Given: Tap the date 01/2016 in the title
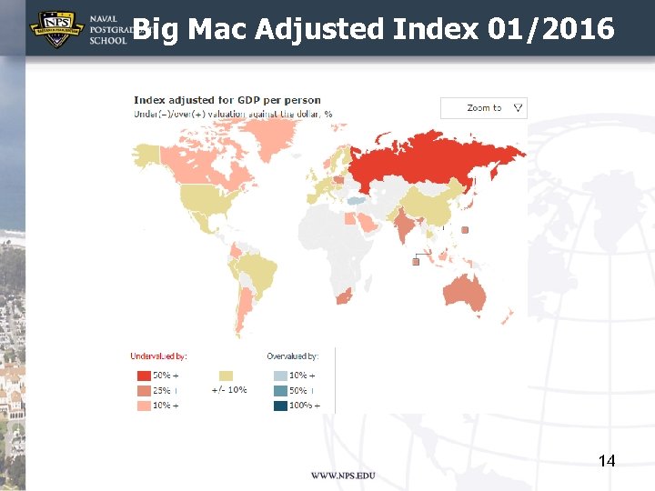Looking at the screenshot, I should tap(550, 29).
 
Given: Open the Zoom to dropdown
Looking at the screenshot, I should tap(484, 107).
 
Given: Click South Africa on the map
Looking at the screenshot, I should tap(344, 296).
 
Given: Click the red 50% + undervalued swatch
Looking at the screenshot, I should tap(144, 376).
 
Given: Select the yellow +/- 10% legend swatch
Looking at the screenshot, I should tap(226, 376).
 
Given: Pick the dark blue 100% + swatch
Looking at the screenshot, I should tap(280, 406).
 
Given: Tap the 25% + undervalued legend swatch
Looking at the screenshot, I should tap(144, 390).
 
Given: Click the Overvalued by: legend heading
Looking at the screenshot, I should tap(292, 356).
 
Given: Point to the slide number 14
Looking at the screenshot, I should tap(607, 461).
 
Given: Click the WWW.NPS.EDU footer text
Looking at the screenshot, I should tap(343, 476).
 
